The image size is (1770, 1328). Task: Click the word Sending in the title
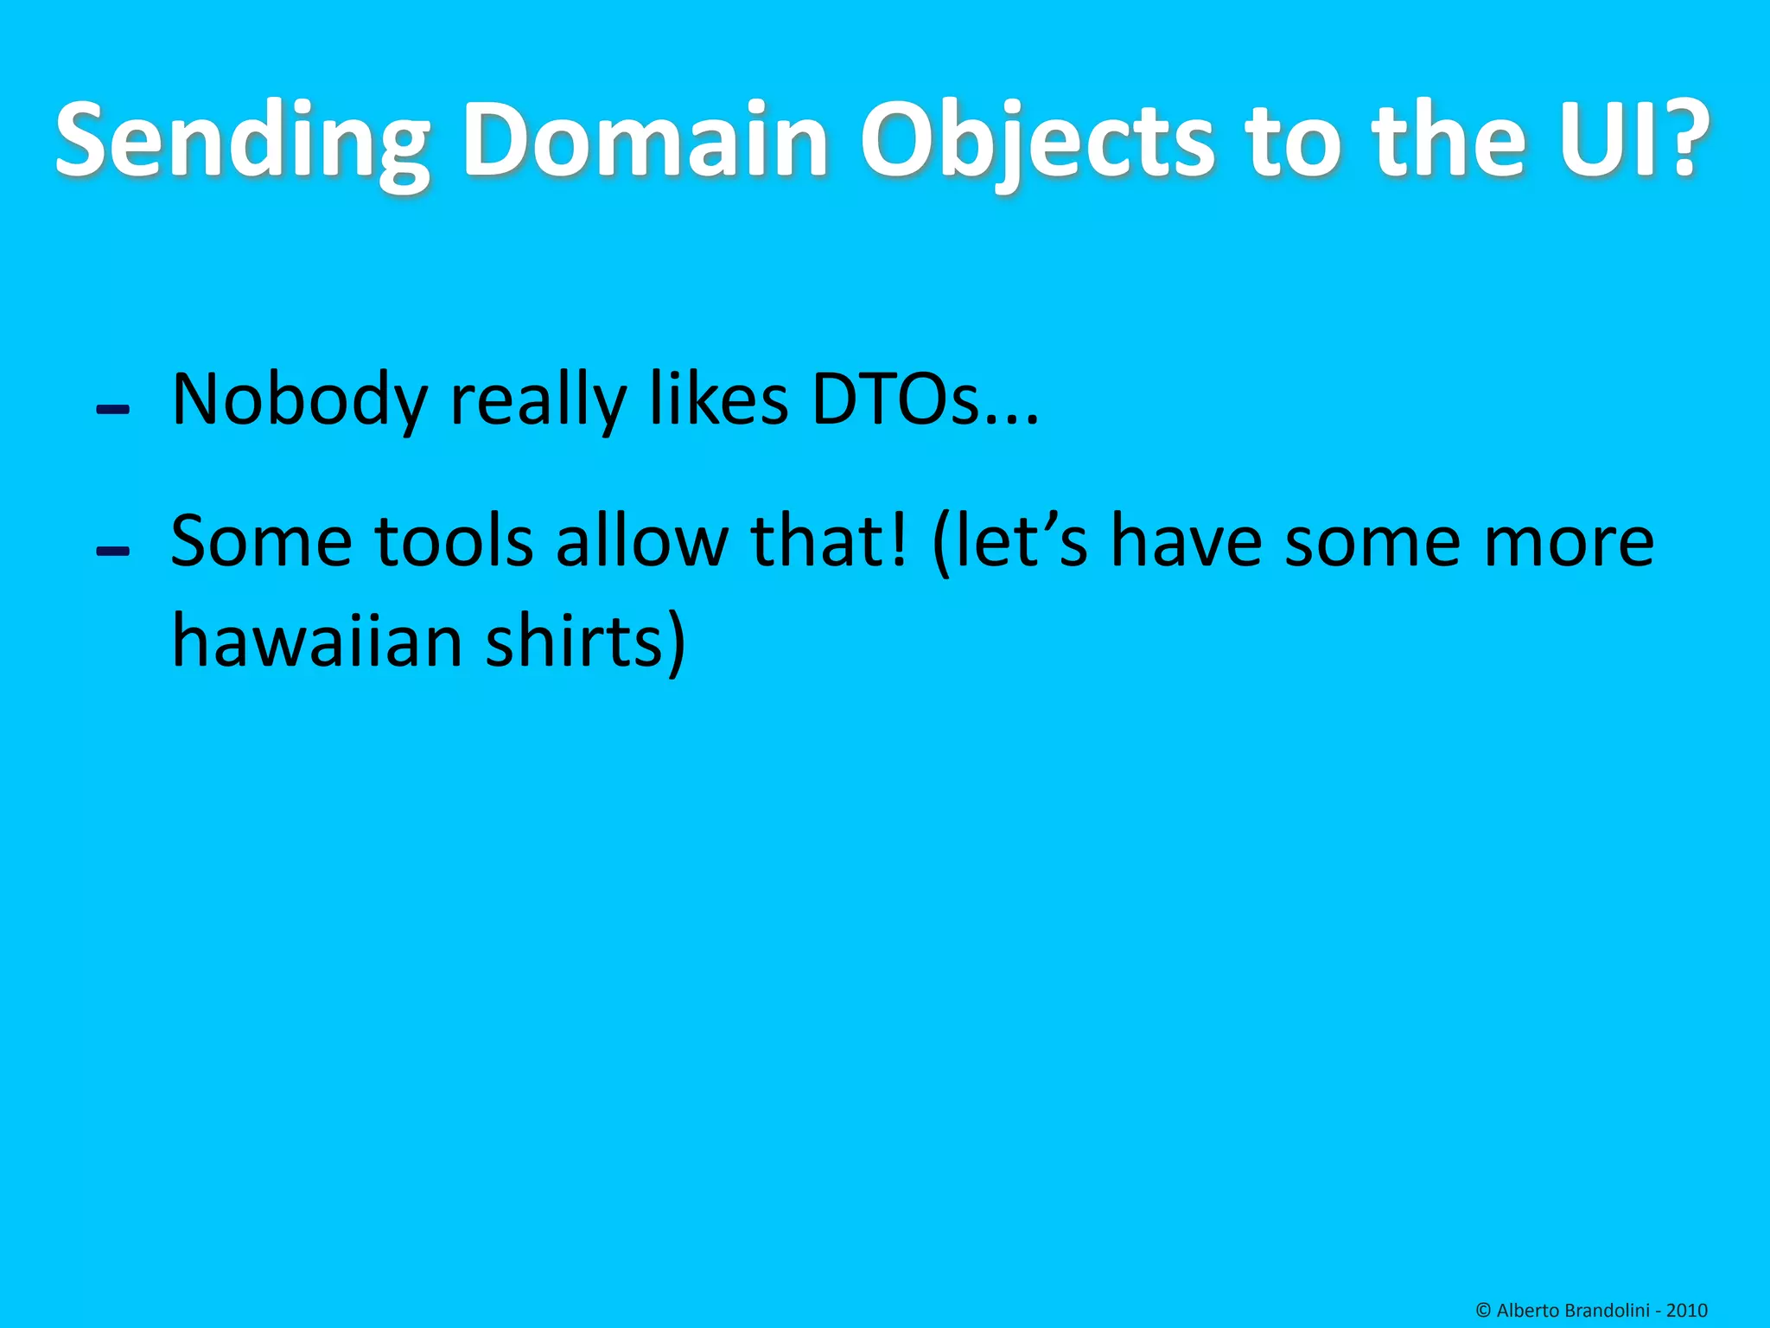[x=242, y=141]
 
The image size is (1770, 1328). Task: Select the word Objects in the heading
[x=1036, y=141]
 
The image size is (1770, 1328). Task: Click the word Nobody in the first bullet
[x=299, y=400]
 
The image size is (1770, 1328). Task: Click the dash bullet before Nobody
[x=113, y=409]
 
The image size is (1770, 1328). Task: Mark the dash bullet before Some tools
[x=113, y=551]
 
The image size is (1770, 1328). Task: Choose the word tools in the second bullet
[x=454, y=542]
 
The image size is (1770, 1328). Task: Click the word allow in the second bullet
[x=642, y=542]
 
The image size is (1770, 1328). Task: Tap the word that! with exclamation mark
[x=830, y=542]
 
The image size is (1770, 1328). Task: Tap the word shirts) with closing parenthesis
[x=586, y=642]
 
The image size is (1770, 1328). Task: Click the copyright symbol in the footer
[x=1483, y=1311]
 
